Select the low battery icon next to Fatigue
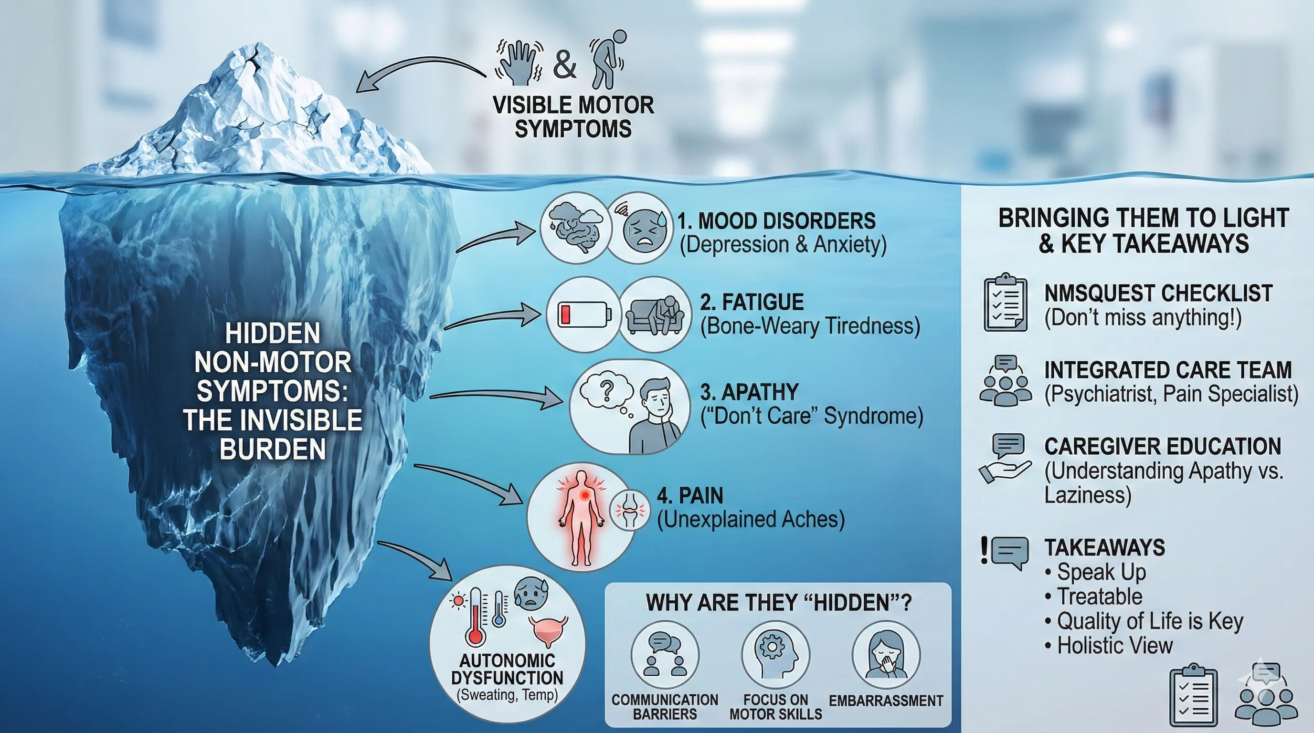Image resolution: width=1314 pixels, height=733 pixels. (x=583, y=314)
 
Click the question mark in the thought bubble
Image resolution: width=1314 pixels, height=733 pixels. (x=606, y=391)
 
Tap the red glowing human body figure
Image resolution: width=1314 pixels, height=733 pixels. (x=581, y=517)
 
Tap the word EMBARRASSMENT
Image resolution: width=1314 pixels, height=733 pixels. (x=886, y=701)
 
